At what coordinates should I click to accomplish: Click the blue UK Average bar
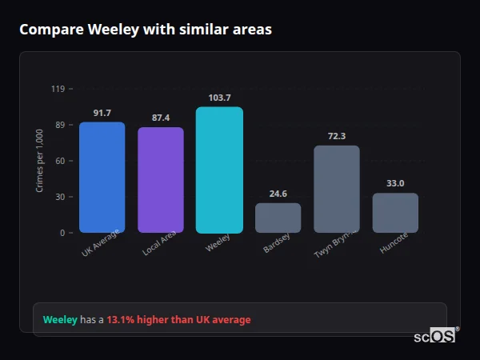tap(102, 178)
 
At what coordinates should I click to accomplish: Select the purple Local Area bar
tap(161, 180)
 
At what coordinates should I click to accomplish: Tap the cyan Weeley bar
tap(219, 170)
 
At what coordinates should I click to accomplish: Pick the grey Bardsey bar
tap(278, 218)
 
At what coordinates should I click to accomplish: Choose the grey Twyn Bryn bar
tap(337, 189)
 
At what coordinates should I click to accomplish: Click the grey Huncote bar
tap(395, 213)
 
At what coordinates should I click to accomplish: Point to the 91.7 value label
tap(102, 113)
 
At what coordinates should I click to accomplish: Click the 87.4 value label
tap(161, 118)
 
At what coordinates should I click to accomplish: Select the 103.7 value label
tap(219, 98)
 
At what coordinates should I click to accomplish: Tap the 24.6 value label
tap(278, 194)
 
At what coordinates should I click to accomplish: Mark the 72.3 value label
tap(337, 136)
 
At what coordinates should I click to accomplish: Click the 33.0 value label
tap(395, 183)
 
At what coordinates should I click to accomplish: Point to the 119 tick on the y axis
tap(58, 89)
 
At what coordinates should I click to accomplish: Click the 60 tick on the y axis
tap(60, 161)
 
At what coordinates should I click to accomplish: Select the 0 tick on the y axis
tap(62, 233)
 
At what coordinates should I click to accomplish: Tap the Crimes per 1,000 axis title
tap(40, 161)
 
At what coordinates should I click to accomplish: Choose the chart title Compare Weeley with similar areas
tap(145, 30)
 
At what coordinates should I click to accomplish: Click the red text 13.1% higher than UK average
tap(178, 320)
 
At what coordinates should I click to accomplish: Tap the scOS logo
tap(435, 336)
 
